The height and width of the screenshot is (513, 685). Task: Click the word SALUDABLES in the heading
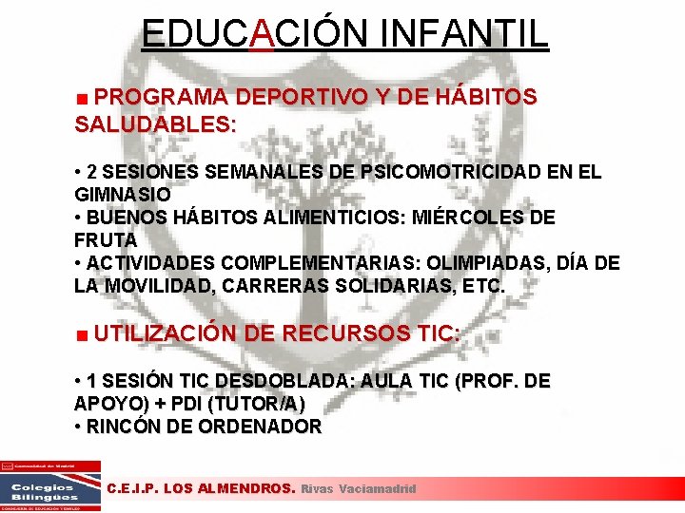(x=152, y=123)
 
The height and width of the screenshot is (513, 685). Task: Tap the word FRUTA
(x=106, y=240)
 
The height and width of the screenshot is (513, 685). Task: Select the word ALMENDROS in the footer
(x=243, y=488)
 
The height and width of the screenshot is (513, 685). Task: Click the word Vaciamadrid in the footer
(x=378, y=488)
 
